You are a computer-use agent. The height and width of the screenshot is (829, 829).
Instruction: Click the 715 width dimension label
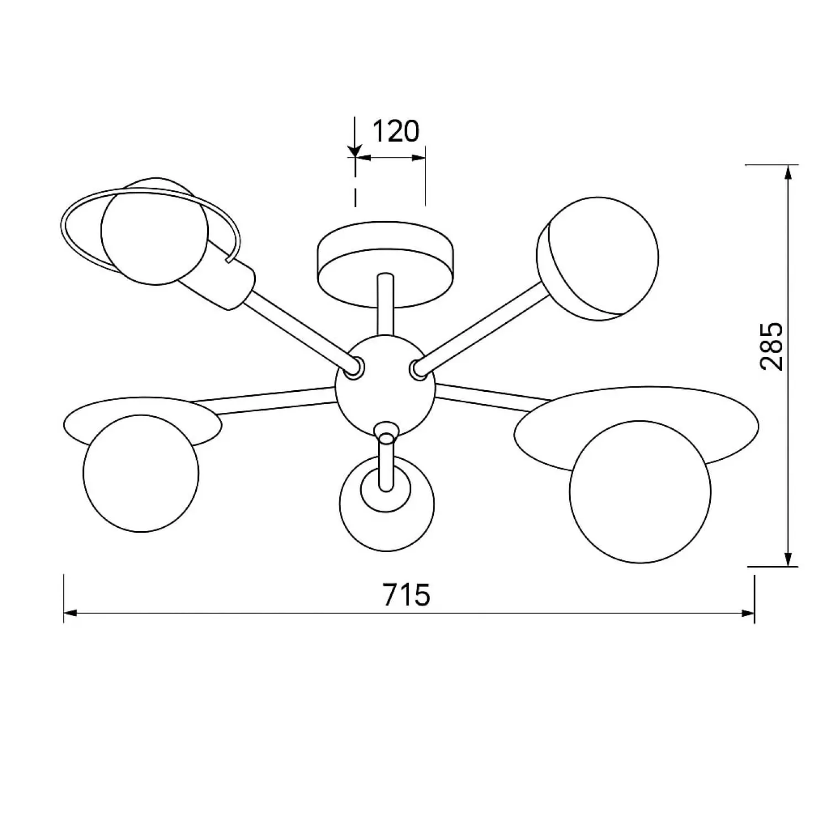(x=407, y=595)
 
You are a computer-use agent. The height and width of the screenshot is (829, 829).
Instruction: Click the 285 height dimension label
(x=771, y=346)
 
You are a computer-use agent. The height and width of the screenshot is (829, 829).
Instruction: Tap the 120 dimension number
(x=396, y=132)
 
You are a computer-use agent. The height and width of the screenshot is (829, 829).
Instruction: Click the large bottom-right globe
(x=641, y=491)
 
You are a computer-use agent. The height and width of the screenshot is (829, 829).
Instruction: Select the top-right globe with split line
(x=597, y=258)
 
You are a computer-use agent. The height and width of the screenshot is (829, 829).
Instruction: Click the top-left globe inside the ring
(x=155, y=231)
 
